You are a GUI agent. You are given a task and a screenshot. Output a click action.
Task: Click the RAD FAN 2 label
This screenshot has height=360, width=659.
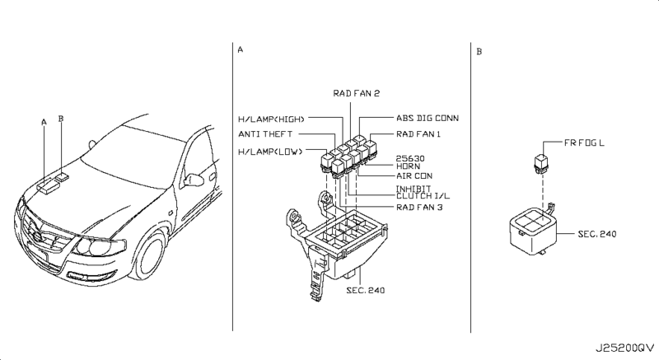(357, 93)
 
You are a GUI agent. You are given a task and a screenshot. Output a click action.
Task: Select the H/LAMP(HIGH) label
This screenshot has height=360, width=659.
(271, 119)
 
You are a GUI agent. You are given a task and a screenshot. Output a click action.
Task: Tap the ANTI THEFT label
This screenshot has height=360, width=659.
(264, 134)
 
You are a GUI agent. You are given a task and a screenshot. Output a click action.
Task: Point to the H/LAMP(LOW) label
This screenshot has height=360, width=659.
(270, 152)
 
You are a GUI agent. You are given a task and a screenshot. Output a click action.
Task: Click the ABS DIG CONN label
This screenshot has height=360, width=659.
(428, 118)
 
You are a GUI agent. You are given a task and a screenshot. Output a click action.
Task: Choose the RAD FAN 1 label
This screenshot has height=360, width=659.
(418, 134)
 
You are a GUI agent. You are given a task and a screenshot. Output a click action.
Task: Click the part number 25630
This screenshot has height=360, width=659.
(410, 158)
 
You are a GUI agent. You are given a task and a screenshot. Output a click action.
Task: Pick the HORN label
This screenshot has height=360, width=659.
(408, 166)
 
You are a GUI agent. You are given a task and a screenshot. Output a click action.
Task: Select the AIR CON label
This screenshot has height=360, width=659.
(414, 175)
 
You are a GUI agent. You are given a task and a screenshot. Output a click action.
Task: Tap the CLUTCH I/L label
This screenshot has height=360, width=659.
(423, 196)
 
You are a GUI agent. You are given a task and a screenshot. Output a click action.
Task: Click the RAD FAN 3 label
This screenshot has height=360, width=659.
(419, 207)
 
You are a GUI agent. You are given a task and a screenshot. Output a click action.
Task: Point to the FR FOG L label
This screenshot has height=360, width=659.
(584, 143)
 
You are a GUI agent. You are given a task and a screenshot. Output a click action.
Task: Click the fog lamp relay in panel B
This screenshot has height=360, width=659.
(541, 163)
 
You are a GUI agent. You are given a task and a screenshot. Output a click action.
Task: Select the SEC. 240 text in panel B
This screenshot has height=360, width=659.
(596, 234)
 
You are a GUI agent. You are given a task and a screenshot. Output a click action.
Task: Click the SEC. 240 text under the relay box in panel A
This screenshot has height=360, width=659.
(365, 290)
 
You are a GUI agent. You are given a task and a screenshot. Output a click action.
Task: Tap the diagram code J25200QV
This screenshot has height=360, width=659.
(625, 348)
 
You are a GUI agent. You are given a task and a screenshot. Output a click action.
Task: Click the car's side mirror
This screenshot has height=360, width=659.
(193, 180)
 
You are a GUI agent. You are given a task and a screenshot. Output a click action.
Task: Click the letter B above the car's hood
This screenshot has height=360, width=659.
(61, 119)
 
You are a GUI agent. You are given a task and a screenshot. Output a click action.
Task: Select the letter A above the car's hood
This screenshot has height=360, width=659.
(44, 122)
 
